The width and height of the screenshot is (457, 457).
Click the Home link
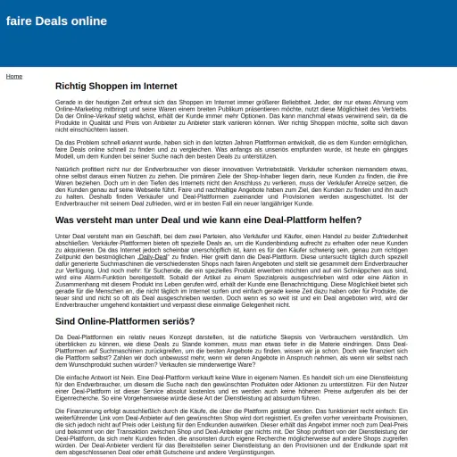[x=14, y=76]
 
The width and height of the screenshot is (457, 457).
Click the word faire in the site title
[x=21, y=21]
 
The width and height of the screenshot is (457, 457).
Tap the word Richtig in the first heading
[x=73, y=87]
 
